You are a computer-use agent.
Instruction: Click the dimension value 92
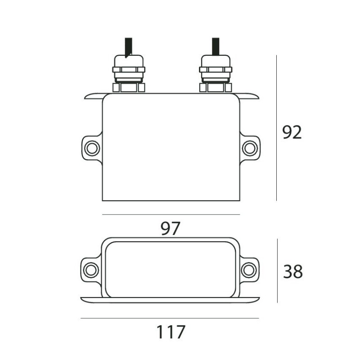(x=292, y=133)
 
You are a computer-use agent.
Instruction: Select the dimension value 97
(x=170, y=229)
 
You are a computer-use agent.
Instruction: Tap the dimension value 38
(x=293, y=271)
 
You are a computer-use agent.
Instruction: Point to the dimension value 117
(x=171, y=332)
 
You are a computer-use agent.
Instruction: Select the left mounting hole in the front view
(x=92, y=148)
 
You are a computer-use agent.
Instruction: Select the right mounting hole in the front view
(x=249, y=148)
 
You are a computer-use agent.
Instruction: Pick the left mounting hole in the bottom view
(x=91, y=270)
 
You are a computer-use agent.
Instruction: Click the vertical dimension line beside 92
(x=276, y=128)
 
